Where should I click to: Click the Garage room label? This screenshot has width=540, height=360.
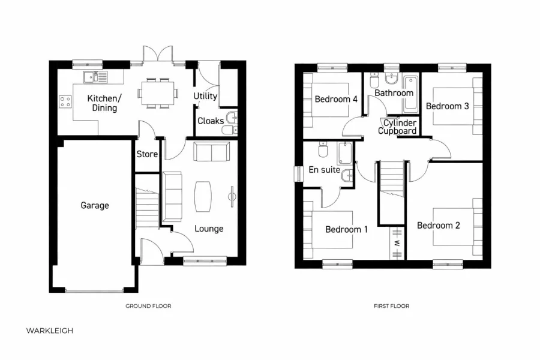point(95,205)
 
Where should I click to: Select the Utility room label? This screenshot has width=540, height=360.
point(205,96)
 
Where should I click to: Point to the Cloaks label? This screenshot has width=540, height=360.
point(211,121)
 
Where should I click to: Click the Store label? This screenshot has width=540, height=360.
point(147,154)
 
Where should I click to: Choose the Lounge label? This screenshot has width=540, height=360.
point(209,229)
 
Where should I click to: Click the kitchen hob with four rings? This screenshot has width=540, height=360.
point(65,102)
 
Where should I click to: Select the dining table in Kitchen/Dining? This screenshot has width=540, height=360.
point(158,93)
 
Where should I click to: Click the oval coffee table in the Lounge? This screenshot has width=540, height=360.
point(203,196)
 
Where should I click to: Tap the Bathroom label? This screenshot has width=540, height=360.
point(394,93)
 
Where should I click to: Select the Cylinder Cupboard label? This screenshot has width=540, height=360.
point(397,127)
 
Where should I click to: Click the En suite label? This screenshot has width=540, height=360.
point(324,170)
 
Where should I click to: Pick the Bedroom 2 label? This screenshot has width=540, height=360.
point(439,226)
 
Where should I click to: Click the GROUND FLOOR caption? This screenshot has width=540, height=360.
point(148,306)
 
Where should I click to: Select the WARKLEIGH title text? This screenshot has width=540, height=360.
point(50,330)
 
